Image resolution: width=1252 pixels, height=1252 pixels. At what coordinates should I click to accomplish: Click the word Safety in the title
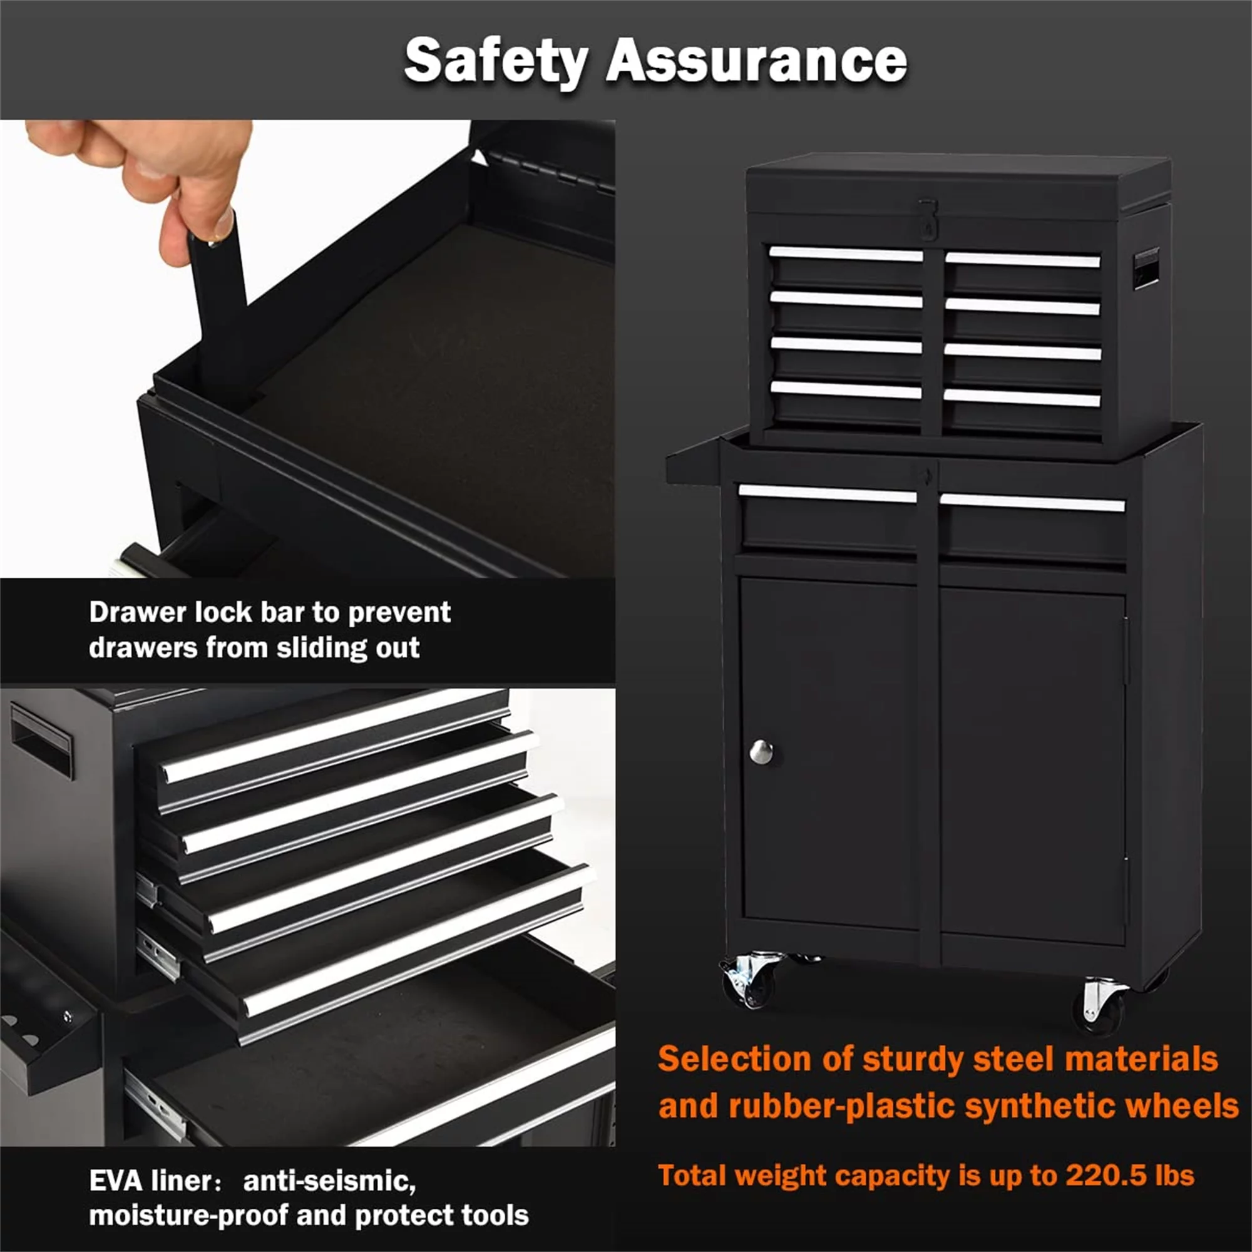pyautogui.click(x=496, y=61)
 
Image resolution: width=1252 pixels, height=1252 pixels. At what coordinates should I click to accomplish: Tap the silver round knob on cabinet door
pyautogui.click(x=761, y=751)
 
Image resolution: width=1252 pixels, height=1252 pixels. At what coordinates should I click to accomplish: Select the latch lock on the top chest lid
pyautogui.click(x=928, y=218)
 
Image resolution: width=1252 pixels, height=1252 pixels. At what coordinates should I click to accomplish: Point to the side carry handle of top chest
pyautogui.click(x=1145, y=269)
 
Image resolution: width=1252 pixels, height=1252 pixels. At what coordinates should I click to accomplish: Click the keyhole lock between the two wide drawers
pyautogui.click(x=928, y=475)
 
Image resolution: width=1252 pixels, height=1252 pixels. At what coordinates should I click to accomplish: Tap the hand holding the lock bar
pyautogui.click(x=155, y=175)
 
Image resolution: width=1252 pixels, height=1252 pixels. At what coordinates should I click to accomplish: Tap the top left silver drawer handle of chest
pyautogui.click(x=846, y=254)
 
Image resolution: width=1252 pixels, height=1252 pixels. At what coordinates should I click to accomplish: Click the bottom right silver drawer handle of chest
pyautogui.click(x=1023, y=398)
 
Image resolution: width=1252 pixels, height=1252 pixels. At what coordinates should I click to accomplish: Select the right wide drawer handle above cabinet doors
pyautogui.click(x=1032, y=502)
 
